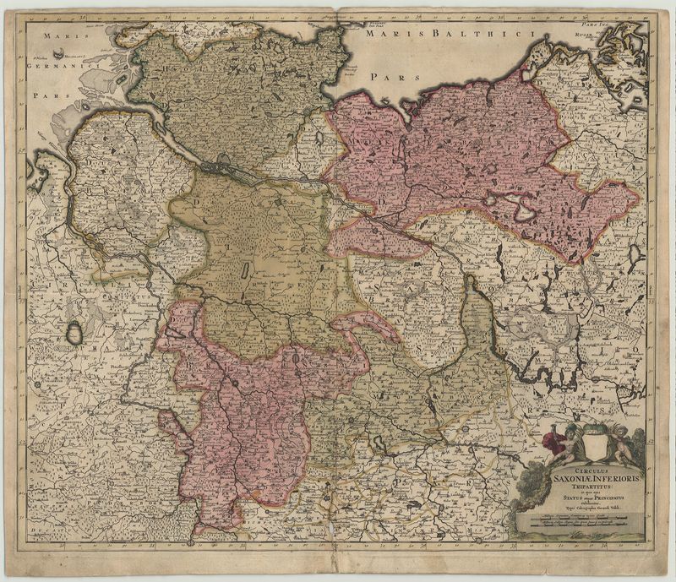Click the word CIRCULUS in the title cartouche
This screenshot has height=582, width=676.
point(580,470)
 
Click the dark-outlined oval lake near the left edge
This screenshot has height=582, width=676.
point(75,333)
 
